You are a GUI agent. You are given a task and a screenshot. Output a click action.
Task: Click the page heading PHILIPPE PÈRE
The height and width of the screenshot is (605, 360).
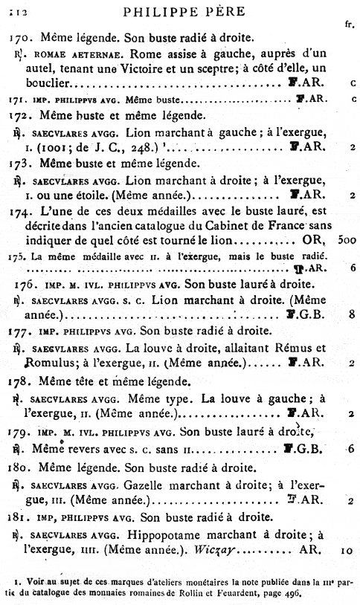pos(183,12)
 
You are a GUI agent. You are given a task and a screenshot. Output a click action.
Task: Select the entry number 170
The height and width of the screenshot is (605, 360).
pos(20,36)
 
